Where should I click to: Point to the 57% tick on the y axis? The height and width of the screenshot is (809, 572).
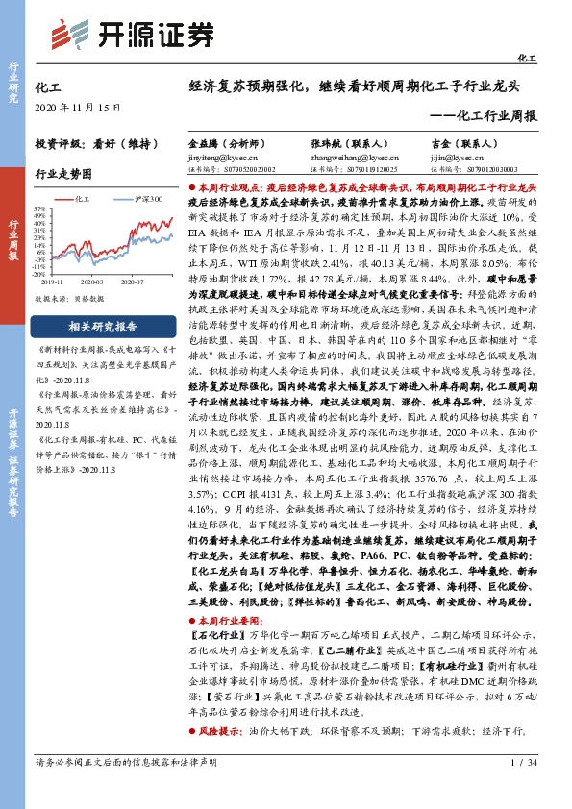[40, 208]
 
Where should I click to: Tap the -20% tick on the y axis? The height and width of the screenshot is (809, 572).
[40, 274]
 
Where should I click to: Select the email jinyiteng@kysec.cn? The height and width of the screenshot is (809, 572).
[223, 154]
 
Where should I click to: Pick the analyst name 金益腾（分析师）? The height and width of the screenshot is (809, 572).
[225, 140]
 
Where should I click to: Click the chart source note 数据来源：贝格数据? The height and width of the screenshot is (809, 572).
[68, 298]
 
